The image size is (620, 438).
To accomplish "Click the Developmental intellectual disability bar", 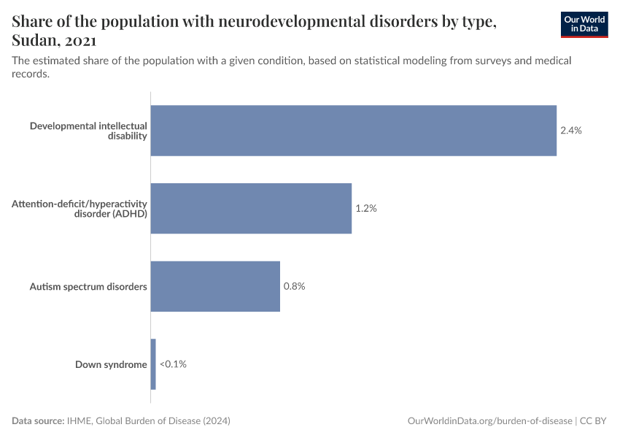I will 353,131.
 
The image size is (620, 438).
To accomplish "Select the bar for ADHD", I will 251,208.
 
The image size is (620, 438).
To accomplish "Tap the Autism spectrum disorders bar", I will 215,286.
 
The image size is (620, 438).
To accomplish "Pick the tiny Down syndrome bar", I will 153,364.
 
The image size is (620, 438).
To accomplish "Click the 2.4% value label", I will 570,131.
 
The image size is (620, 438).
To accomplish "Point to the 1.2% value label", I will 365,208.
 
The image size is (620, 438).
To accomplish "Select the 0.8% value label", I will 294,286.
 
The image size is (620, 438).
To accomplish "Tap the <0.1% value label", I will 173,364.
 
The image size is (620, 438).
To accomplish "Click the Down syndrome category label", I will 111,364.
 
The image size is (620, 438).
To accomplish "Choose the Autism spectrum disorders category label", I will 88,286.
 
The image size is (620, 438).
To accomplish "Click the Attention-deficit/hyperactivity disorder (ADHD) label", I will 80,208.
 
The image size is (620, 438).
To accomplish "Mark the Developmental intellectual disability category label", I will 88,131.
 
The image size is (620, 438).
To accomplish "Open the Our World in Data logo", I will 584,24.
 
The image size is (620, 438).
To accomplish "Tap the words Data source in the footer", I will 37,421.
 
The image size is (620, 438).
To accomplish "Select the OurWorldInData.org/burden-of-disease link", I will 489,421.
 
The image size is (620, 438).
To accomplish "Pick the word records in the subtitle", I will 30,74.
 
